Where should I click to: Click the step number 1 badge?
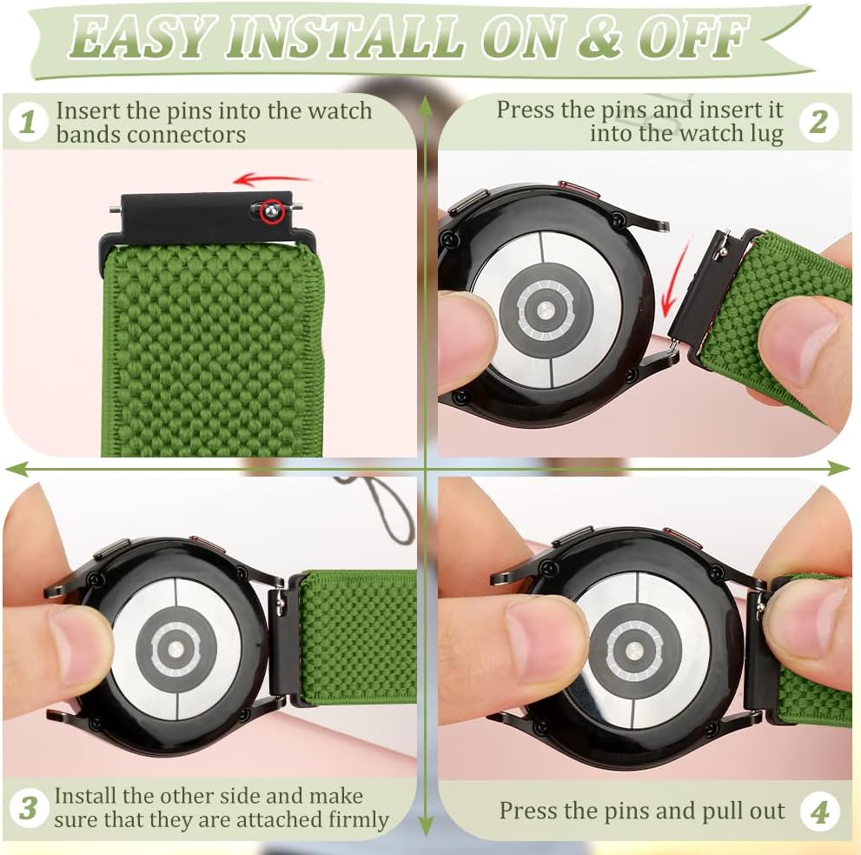tap(28, 122)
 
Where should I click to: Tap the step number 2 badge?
tap(818, 122)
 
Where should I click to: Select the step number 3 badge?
tap(28, 808)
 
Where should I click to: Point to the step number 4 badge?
tap(819, 812)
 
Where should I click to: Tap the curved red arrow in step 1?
tap(272, 179)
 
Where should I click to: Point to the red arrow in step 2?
tap(675, 280)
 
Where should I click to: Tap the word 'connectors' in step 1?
tap(189, 135)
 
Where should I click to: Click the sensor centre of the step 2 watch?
tap(544, 310)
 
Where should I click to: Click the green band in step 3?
tap(358, 638)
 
